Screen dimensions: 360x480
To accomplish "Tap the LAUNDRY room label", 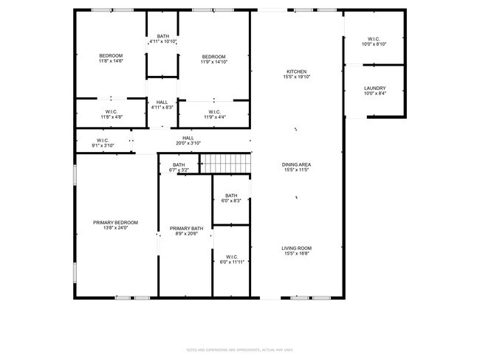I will [374, 88].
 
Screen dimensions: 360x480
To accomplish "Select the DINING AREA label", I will [297, 165].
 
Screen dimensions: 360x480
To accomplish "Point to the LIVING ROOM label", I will [297, 249].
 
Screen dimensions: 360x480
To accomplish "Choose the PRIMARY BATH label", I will [185, 229].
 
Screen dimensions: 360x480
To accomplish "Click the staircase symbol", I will [227, 163].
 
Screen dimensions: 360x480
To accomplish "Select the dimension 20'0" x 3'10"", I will [188, 143].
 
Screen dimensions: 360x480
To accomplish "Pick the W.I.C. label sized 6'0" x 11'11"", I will [231, 257].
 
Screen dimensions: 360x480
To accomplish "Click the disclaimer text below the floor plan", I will [239, 349].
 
